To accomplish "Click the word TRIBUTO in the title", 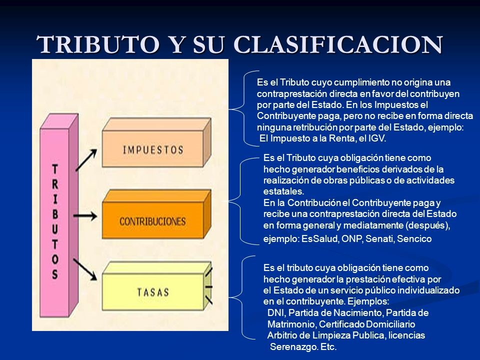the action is coord(97,44).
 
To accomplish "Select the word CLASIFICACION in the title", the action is coord(338,44).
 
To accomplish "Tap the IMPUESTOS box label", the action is coord(153,150).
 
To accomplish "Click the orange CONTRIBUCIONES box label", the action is coord(152,221).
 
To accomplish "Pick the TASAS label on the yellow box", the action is coord(153,292).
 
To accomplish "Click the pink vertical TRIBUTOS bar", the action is coord(59,215).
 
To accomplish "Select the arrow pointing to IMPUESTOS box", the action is coord(86,160).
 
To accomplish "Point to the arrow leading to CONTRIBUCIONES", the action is coord(85,216).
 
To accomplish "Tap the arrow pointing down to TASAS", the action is coord(85,269).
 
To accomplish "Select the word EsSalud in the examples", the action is coord(320,239).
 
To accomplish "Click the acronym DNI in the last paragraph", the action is coord(275,313).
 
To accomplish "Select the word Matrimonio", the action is coord(291,324).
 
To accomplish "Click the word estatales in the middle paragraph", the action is coord(283,191).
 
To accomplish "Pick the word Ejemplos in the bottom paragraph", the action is coord(368,301).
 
